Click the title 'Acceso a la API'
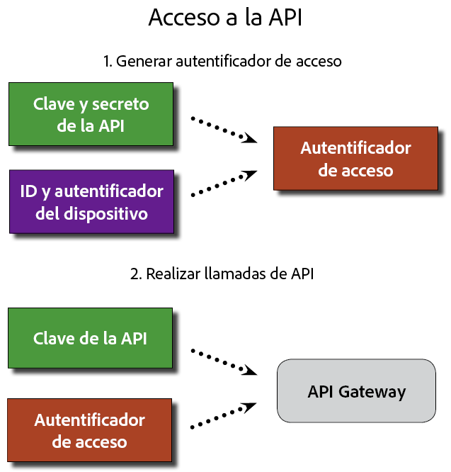click(225, 18)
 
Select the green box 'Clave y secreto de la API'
click(91, 114)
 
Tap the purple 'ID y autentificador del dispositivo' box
click(91, 201)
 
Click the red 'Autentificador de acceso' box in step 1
click(355, 159)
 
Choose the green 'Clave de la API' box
click(90, 338)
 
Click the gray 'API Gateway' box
click(356, 392)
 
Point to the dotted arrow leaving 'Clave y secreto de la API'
click(224, 130)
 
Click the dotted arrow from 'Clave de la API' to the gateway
click(224, 360)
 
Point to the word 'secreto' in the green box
click(122, 104)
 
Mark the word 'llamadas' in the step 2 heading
click(229, 274)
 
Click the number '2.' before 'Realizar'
click(137, 274)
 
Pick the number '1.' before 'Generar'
click(108, 62)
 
